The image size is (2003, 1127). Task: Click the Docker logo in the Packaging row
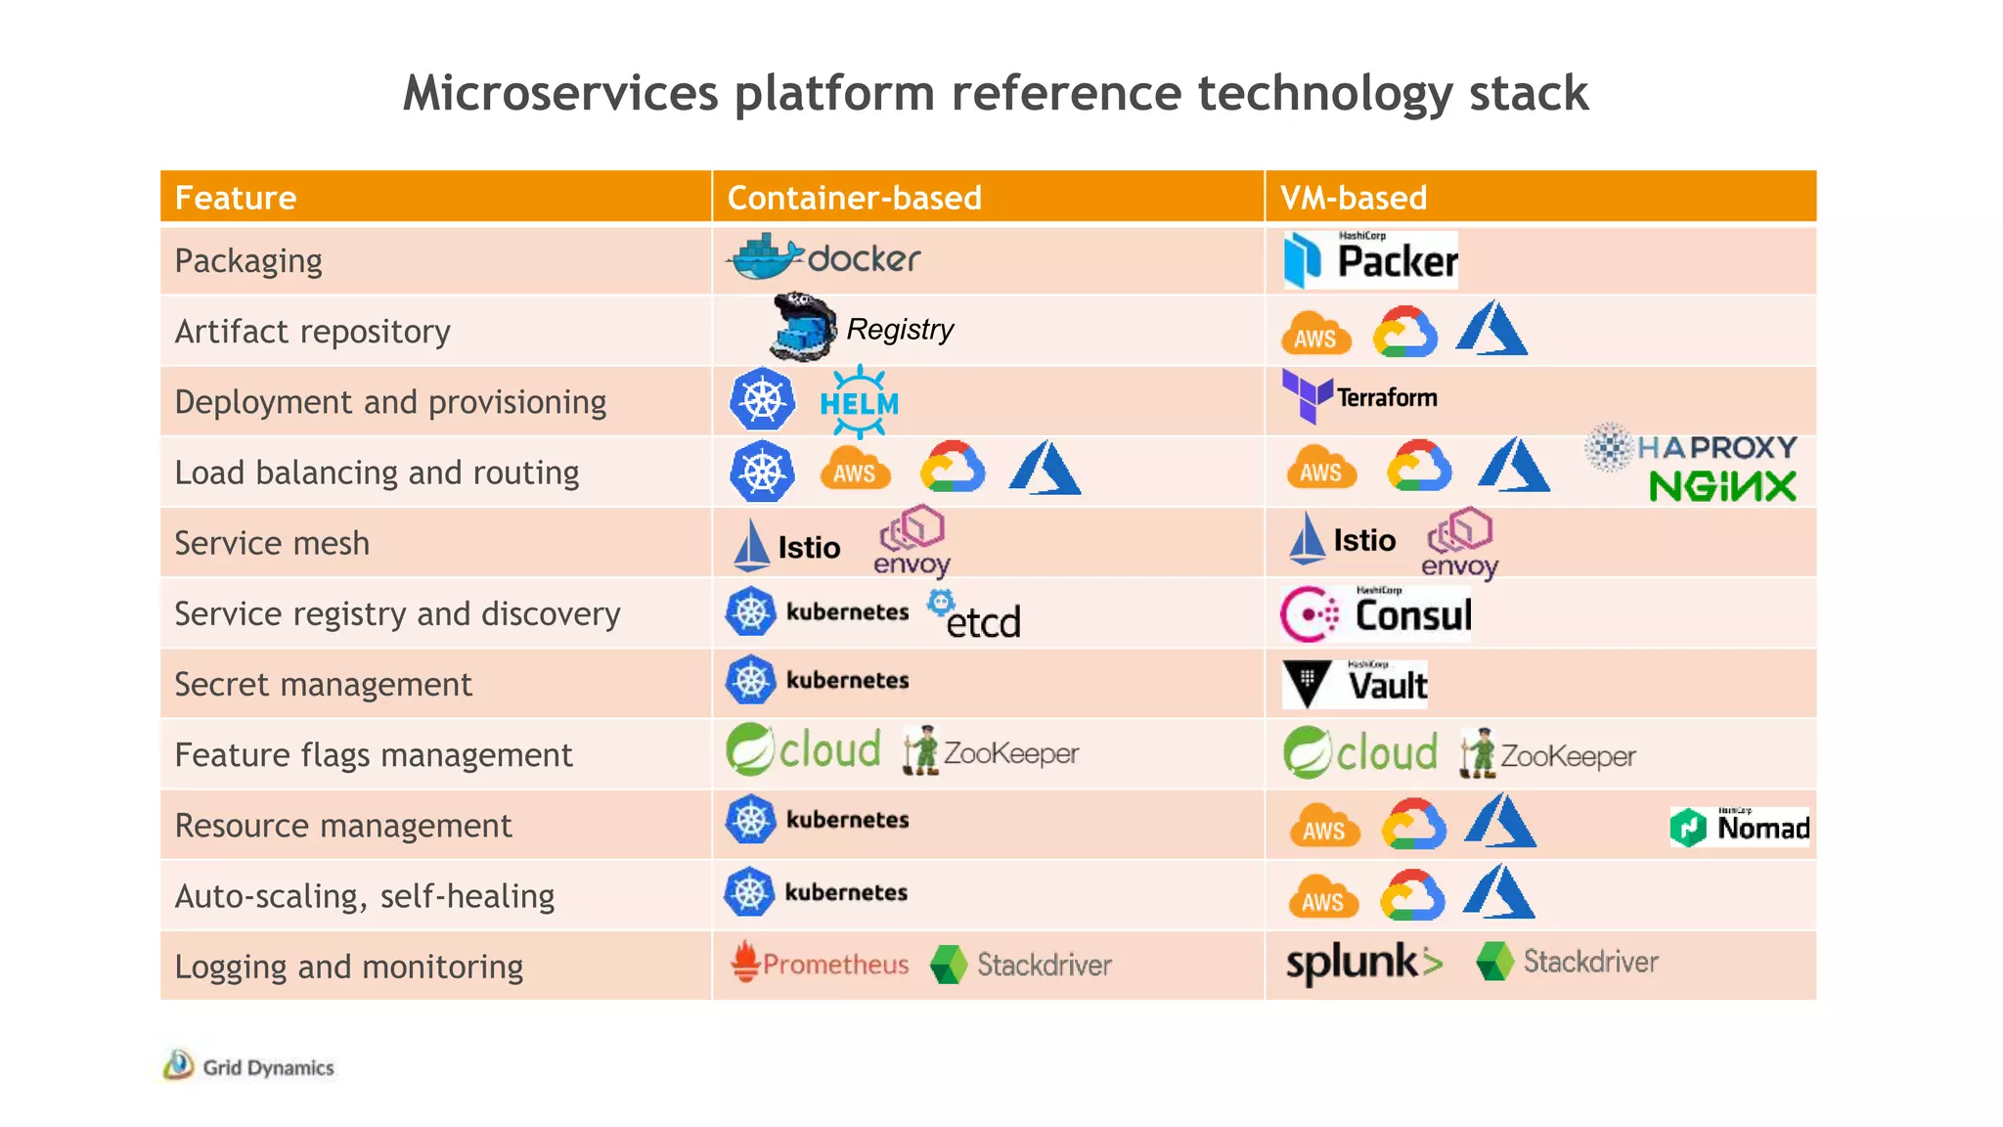(823, 258)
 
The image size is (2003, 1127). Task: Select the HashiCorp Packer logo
(1369, 260)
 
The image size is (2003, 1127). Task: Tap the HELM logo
(859, 402)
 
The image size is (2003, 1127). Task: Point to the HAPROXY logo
(1692, 448)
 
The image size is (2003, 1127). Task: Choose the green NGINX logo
(1722, 486)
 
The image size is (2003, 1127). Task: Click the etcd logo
(974, 615)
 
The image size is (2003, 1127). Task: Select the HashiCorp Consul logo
(1375, 614)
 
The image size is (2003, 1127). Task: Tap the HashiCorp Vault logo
(1356, 684)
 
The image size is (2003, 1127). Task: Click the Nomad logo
(1740, 828)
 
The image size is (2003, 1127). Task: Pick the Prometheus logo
(820, 964)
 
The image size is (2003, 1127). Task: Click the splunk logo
(1363, 963)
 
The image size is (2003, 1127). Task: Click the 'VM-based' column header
(1354, 198)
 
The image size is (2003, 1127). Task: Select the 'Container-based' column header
(854, 198)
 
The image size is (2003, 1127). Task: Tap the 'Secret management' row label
(323, 685)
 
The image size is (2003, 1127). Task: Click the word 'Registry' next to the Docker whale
(900, 330)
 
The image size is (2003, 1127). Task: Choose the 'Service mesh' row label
(272, 543)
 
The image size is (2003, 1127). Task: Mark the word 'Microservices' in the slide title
(560, 94)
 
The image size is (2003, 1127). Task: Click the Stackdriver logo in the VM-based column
(1567, 962)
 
